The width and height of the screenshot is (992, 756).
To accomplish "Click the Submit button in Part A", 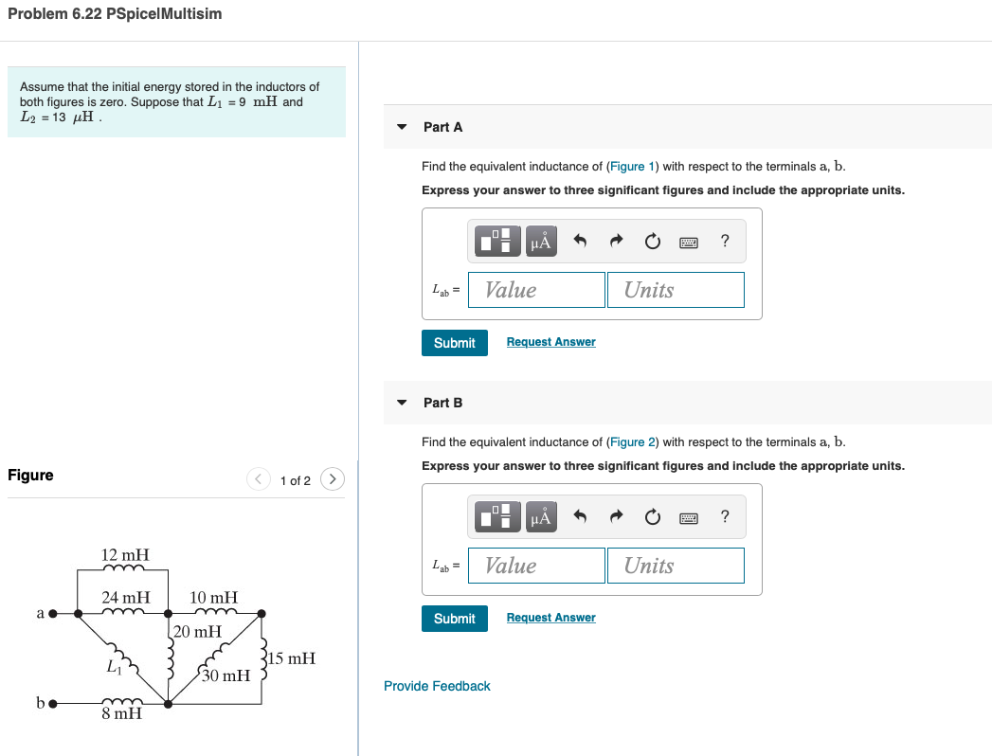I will coord(454,343).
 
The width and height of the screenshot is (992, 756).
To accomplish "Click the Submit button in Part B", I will coord(454,619).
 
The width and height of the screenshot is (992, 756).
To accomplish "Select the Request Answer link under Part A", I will coord(550,342).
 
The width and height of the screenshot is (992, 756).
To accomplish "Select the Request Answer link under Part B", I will coord(550,618).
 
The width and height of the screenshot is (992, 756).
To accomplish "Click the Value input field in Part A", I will coord(536,290).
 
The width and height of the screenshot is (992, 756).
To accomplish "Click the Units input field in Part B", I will coord(675,566).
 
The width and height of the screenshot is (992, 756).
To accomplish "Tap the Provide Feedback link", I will coord(437,686).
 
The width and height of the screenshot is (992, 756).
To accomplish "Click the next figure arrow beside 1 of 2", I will coord(332,479).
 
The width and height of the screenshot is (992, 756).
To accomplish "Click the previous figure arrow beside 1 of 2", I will coord(259,479).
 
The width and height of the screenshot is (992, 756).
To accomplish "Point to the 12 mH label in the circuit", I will coord(125,554).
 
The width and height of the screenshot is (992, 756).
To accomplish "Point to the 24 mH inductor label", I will coord(125,598).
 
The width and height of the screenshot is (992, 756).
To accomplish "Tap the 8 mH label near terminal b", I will coord(122,713).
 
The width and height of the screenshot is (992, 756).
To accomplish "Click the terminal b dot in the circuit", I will coord(54,704).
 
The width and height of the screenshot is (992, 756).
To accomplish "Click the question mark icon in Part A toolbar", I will coord(725,242).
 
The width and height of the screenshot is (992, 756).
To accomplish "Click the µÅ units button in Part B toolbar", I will coord(541,517).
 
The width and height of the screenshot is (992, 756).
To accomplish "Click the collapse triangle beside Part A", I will coord(402,127).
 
